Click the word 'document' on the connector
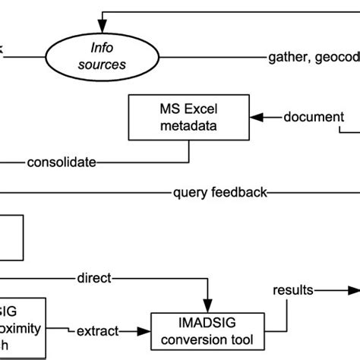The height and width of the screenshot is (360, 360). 313,117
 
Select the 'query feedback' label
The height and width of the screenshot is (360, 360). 219,193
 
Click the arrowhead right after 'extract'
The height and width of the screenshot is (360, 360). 143,331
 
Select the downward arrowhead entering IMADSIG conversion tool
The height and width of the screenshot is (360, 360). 206,304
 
